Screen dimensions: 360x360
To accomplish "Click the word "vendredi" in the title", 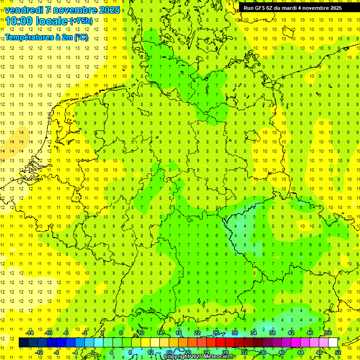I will point(24,10).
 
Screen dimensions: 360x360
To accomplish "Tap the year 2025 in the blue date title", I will point(110,10).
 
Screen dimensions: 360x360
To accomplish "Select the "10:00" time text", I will point(20,21).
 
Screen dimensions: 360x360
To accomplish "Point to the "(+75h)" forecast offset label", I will point(81,21).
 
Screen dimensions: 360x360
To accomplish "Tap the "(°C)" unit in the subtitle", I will point(81,37).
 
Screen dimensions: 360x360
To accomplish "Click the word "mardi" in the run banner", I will point(288,8).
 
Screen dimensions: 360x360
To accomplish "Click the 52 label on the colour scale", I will point(338,352).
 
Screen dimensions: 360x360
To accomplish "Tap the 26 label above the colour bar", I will point(216,333).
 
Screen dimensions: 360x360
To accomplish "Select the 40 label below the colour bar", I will point(281,352).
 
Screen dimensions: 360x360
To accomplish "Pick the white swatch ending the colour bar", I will point(333,343).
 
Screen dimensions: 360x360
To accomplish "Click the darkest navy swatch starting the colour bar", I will point(24,343).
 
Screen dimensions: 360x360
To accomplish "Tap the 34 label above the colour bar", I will point(254,333).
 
